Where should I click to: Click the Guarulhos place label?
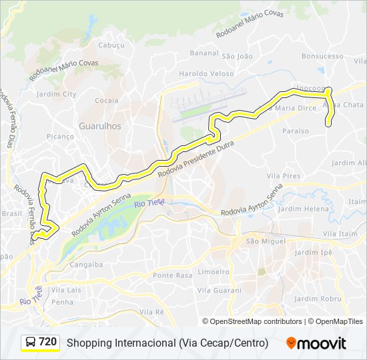(x=100, y=125)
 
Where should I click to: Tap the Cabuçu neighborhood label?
(x=111, y=45)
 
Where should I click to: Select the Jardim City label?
(x=57, y=94)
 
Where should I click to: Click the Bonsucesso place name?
(x=322, y=57)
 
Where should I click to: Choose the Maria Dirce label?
(x=296, y=107)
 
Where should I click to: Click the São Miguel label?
(x=262, y=241)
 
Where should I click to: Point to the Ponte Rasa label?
(x=172, y=275)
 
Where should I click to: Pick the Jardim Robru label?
(x=317, y=299)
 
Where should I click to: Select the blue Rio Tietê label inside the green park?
(x=149, y=203)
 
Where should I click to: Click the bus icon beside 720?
(x=31, y=343)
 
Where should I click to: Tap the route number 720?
(x=48, y=342)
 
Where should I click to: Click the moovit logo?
(x=316, y=343)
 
